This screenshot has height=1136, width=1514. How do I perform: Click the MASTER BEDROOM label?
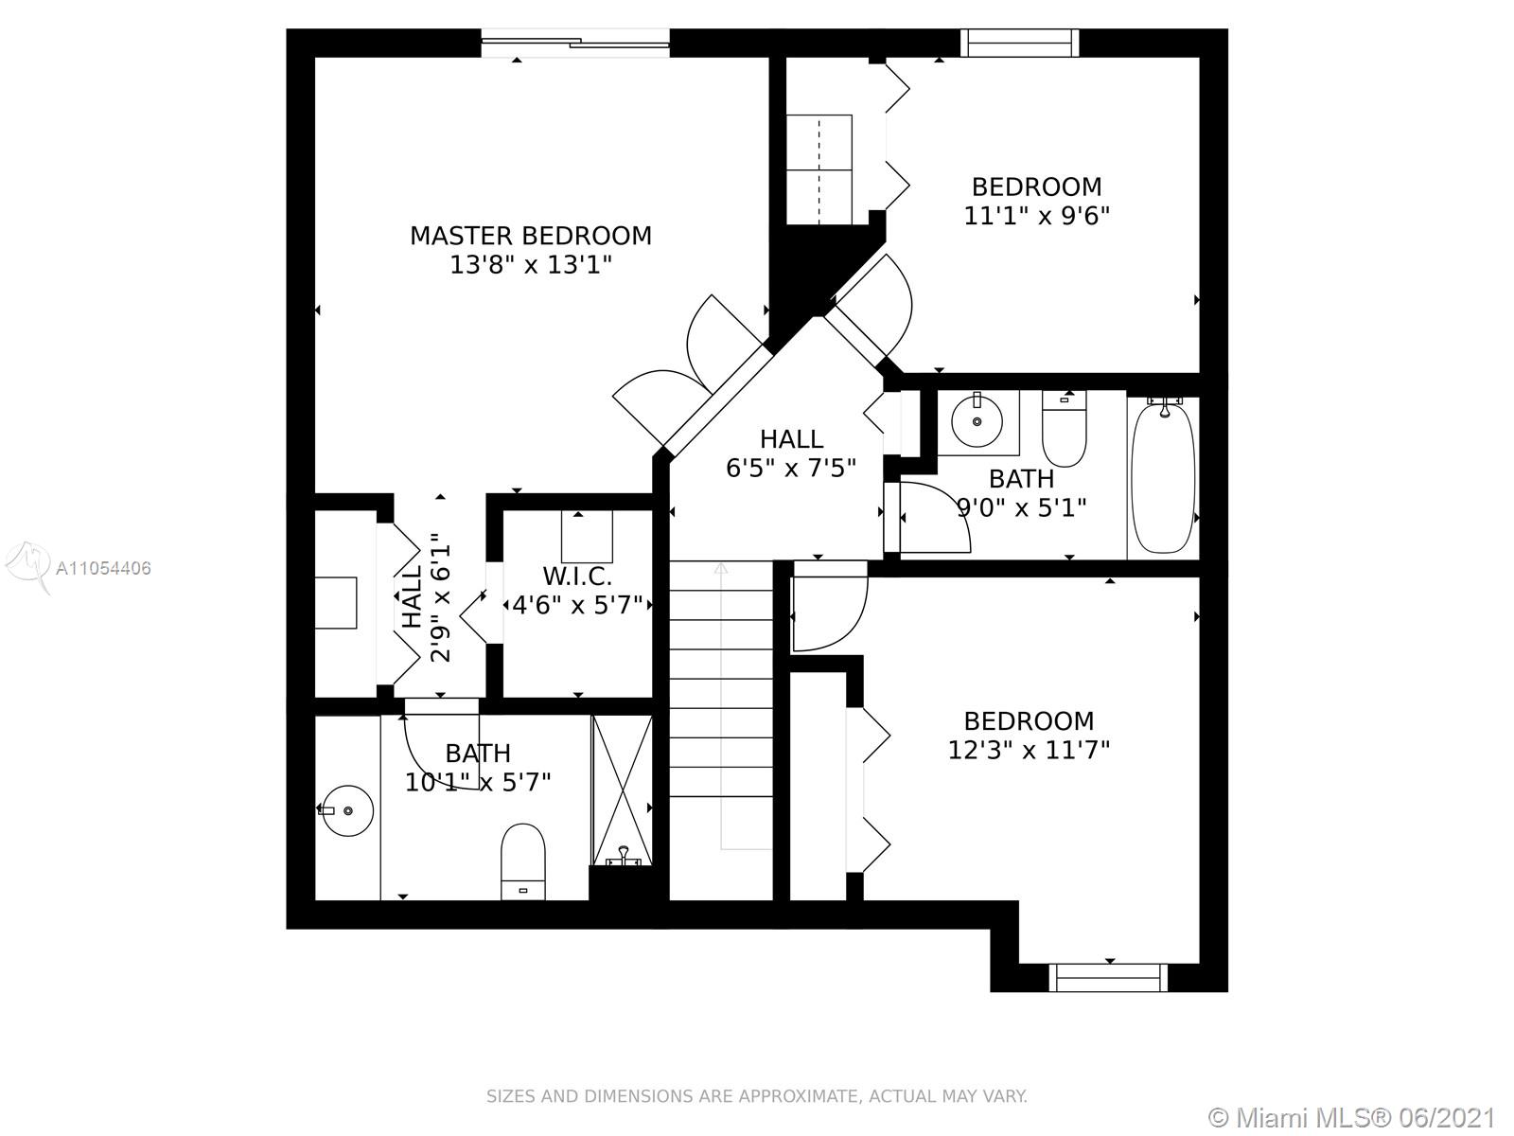[531, 236]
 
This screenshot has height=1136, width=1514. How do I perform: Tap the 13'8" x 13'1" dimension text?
[531, 265]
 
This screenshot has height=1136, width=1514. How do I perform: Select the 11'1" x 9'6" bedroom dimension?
[1036, 216]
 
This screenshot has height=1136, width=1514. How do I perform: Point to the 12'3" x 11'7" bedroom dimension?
[1029, 750]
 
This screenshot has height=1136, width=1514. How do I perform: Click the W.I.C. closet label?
[577, 576]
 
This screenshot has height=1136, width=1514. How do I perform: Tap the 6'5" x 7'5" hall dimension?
[790, 469]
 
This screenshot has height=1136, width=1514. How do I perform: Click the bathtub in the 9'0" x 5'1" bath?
[1163, 476]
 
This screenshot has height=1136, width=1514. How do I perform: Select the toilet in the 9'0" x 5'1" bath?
[1065, 429]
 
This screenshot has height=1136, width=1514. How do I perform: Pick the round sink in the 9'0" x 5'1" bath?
[977, 420]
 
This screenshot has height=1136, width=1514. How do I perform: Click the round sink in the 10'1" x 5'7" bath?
[347, 810]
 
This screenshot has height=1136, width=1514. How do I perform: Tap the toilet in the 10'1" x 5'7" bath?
[523, 861]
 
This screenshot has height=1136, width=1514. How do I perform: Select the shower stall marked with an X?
[622, 790]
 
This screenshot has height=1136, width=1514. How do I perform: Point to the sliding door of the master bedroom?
[575, 43]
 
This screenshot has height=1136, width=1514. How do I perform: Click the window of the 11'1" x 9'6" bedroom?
[1019, 43]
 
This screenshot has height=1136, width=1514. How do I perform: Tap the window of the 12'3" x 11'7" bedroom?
[1108, 978]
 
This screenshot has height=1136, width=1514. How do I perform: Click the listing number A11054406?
[103, 568]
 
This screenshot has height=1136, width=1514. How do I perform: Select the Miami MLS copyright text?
[1352, 1117]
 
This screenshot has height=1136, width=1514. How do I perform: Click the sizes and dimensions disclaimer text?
[757, 1096]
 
